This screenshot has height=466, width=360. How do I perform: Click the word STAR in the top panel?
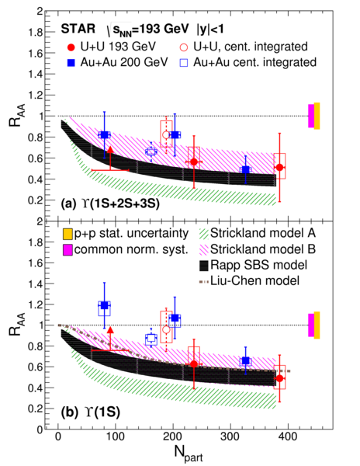[78, 29]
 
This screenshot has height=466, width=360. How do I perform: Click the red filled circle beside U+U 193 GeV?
[71, 47]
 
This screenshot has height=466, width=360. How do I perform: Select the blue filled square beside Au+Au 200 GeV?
[71, 63]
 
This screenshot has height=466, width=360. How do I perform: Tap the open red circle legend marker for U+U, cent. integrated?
[184, 47]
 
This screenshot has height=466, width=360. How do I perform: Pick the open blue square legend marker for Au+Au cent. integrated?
[184, 63]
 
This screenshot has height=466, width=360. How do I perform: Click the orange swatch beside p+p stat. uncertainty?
[67, 234]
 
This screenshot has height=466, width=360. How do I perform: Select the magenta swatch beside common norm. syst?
[67, 249]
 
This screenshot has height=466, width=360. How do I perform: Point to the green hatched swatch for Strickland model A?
[204, 234]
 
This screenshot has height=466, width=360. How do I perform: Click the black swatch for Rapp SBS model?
[204, 265]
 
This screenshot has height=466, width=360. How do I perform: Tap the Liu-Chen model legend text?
[255, 280]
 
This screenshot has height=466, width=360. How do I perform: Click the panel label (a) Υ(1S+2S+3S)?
[110, 204]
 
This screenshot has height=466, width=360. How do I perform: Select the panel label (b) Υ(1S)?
[91, 413]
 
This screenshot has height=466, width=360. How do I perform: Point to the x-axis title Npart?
[189, 454]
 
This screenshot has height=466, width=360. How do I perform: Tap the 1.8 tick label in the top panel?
[36, 33]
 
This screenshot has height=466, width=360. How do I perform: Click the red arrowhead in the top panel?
[110, 149]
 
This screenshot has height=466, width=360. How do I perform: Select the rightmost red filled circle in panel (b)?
[279, 378]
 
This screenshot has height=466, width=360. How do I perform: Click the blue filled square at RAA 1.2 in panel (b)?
[104, 305]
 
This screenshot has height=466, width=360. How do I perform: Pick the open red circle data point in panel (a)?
[166, 135]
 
